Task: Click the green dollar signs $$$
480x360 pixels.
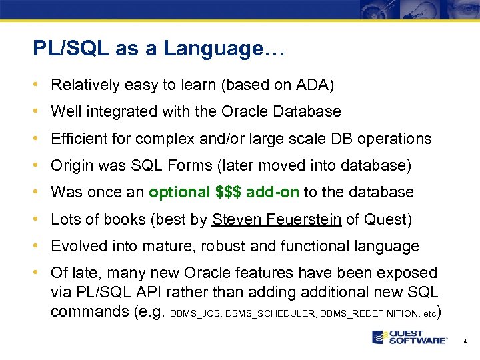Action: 229,192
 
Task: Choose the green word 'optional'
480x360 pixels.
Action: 179,192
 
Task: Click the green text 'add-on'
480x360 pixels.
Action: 273,192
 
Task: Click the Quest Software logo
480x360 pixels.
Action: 409,337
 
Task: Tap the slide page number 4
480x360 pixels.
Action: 465,341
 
